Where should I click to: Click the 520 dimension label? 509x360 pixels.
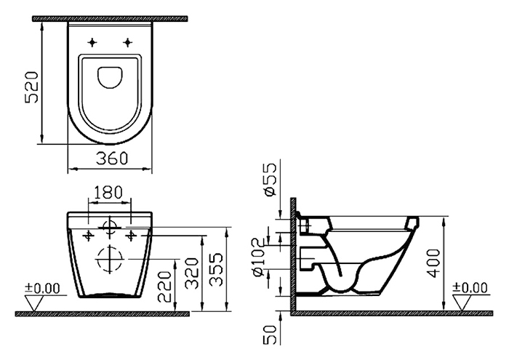[32, 88]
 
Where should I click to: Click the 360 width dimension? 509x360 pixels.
[112, 158]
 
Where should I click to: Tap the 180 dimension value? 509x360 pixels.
[108, 192]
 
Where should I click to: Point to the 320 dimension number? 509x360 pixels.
[191, 273]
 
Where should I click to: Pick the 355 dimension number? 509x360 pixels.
[216, 270]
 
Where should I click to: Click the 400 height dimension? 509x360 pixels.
[433, 263]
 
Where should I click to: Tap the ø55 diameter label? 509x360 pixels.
[270, 180]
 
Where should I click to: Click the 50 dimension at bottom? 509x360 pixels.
[270, 335]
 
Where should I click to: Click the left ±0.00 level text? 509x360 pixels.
[43, 288]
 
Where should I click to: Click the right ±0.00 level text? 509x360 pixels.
[470, 287]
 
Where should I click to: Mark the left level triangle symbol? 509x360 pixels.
[34, 303]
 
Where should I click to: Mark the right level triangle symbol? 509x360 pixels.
[462, 303]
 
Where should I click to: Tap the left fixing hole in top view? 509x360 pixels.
[92, 42]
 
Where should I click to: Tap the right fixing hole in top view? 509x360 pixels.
[128, 42]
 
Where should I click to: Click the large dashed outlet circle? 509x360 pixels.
[109, 246]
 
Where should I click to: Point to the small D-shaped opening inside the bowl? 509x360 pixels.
[110, 78]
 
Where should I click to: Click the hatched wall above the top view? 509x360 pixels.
[110, 18]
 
